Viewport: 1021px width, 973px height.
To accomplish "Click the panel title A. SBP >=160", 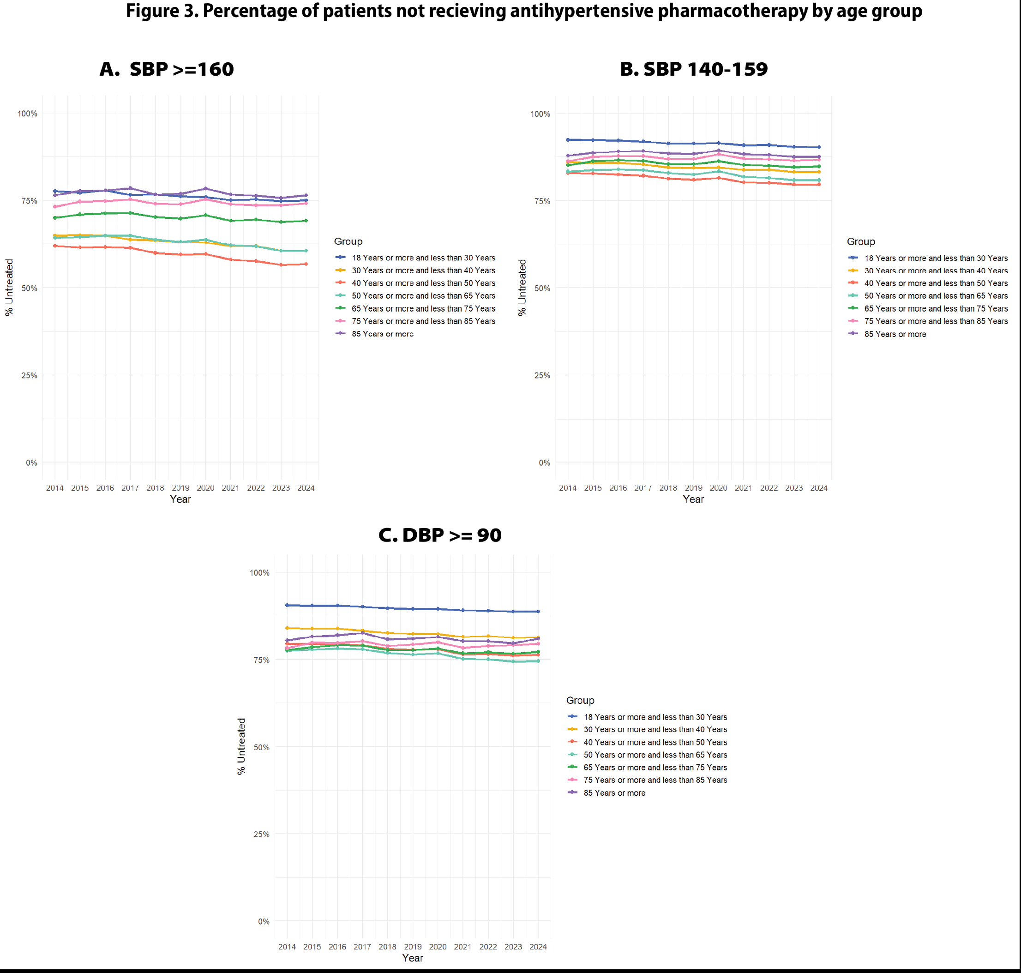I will [x=167, y=69].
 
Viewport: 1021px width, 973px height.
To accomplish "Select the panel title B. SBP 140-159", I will [x=693, y=69].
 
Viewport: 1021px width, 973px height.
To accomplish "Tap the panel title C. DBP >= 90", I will [x=440, y=535].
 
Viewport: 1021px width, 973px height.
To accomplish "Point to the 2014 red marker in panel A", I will [x=55, y=246].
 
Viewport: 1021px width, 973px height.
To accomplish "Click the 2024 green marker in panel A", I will [x=306, y=221].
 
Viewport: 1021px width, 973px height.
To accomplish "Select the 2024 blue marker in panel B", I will [x=819, y=147].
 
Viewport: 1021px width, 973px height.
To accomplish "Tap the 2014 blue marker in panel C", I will [x=287, y=605].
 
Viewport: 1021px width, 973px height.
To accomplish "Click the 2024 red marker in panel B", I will [x=819, y=185].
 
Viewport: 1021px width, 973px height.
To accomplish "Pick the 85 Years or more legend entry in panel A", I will [x=382, y=334].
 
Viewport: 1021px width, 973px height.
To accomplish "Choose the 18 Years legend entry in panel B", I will [x=936, y=258].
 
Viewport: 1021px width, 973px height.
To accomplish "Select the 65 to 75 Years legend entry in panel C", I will [x=655, y=768].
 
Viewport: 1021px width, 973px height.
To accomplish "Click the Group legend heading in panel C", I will [x=580, y=700].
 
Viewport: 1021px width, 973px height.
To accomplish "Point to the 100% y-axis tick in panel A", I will [x=28, y=114].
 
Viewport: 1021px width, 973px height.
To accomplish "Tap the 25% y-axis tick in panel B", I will [x=542, y=376].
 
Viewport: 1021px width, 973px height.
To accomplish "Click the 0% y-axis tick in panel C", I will [x=264, y=922].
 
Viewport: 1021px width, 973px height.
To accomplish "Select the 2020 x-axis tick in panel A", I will [x=205, y=488].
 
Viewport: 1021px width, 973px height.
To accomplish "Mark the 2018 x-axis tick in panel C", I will [x=387, y=947].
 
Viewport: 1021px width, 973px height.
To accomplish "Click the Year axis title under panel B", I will [x=693, y=499].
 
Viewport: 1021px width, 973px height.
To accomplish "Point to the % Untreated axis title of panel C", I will [x=241, y=746].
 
